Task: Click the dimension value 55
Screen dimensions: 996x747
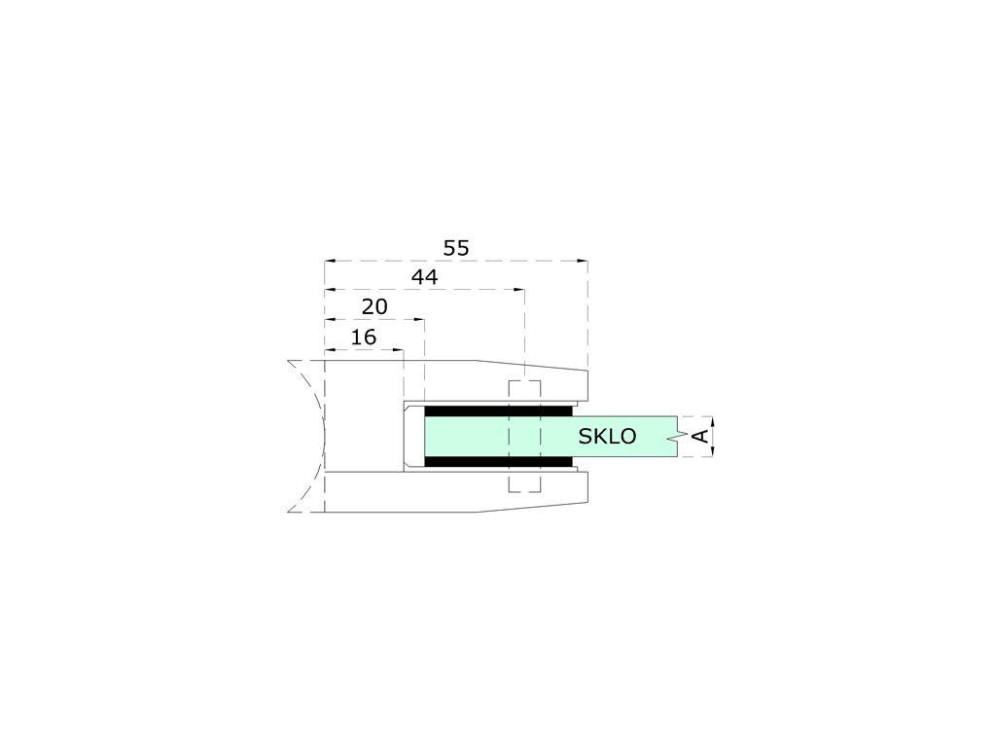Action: point(455,248)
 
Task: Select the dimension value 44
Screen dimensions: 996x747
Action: point(424,277)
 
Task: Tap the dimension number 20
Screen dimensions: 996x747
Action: point(374,307)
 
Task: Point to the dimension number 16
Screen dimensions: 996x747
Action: point(364,338)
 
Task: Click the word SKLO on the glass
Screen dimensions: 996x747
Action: point(607,437)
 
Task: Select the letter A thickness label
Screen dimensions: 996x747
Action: point(699,436)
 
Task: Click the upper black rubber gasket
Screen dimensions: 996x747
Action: point(497,411)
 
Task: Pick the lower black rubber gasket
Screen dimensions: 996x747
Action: point(497,462)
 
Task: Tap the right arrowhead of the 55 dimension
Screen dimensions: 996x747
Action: point(583,261)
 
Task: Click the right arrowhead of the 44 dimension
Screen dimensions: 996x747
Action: point(519,290)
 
